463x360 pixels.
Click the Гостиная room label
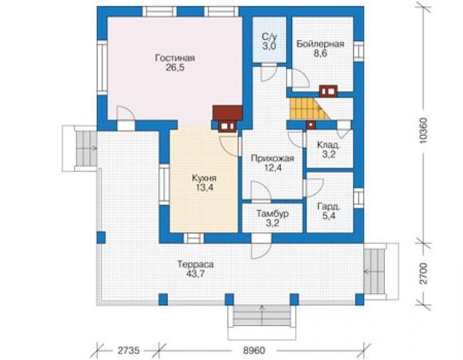coord(175,58)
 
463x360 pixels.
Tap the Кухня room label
coord(204,178)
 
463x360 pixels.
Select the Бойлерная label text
coord(320,44)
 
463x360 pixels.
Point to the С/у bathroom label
coord(269,37)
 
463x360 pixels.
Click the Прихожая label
coord(272,158)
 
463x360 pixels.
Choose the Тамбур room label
coord(272,213)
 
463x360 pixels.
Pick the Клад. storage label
coord(328,145)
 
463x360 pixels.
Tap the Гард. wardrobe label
coord(328,207)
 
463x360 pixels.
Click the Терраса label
coord(195,264)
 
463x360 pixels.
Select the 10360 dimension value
coord(423,131)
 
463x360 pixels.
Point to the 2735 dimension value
coord(128,351)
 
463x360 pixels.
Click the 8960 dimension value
coord(254,351)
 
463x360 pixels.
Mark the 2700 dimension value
coord(423,273)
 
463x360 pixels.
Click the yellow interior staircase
coord(307,109)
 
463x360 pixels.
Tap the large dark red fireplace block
coord(228,113)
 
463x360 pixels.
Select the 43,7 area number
coord(195,274)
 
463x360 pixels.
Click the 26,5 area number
coord(175,68)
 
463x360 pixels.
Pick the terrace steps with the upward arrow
coord(262,316)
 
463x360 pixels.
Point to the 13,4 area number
coord(204,187)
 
